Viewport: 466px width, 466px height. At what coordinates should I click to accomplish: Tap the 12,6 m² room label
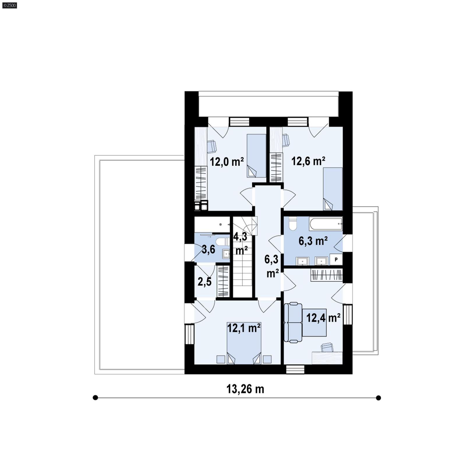[x=308, y=161]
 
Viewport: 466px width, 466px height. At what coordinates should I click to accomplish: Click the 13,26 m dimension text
[x=245, y=389]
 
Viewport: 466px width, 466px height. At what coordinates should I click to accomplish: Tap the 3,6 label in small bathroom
[x=209, y=249]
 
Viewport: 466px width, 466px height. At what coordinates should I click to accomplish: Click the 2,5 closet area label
[x=204, y=282]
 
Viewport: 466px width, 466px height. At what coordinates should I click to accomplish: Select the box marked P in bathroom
[x=336, y=259]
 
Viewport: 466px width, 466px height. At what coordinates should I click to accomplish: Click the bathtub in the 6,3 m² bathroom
[x=326, y=224]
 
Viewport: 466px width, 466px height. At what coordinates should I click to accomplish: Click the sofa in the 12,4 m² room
[x=293, y=322]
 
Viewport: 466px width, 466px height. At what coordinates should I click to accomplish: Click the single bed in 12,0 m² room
[x=256, y=156]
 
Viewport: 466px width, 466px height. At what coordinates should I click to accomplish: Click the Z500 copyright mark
[x=9, y=5]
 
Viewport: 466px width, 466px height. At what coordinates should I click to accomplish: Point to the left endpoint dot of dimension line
[x=95, y=398]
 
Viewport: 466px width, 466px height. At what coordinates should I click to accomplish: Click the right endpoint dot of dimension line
[x=378, y=398]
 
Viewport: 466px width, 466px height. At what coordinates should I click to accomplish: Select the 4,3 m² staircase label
[x=241, y=243]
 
